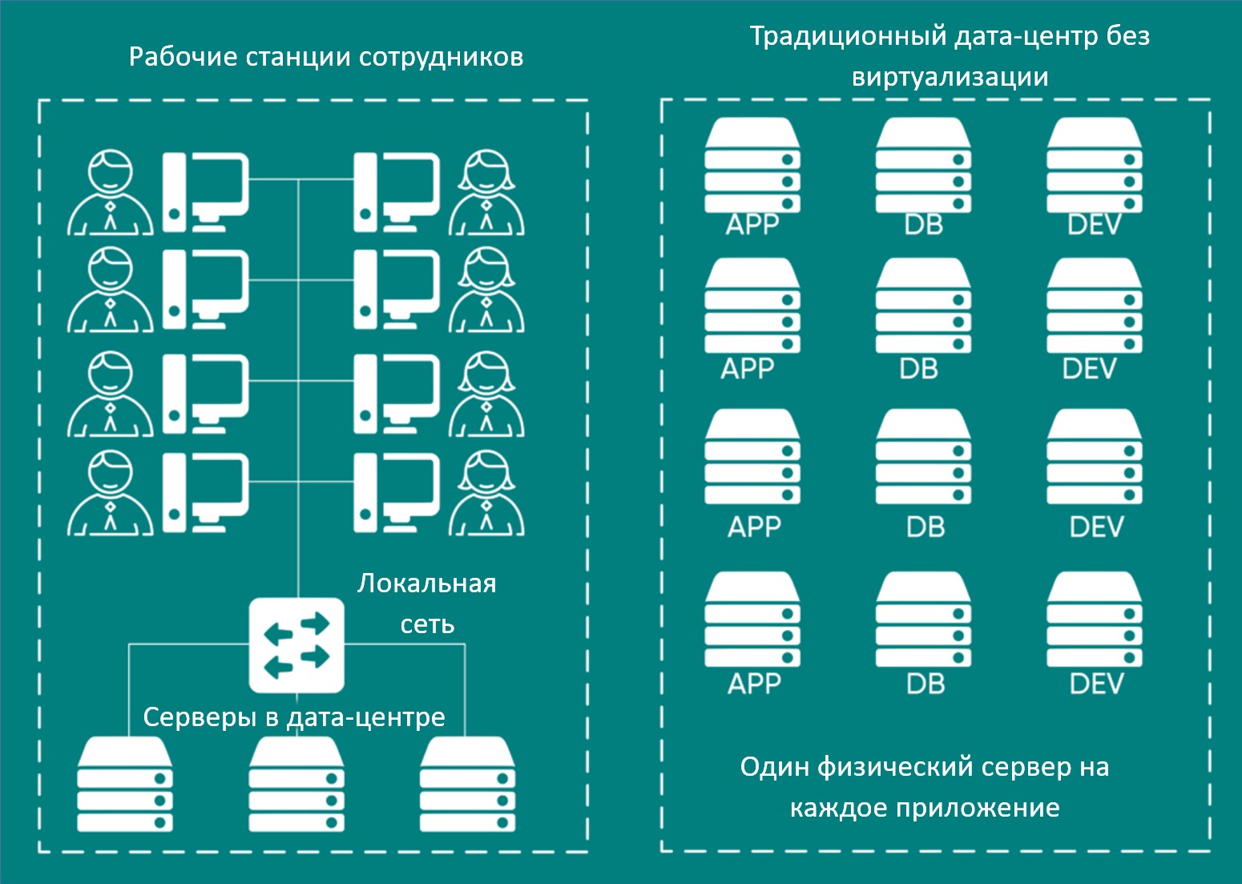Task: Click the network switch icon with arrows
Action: click(x=296, y=645)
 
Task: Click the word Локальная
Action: click(x=426, y=583)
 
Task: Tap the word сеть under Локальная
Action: click(x=427, y=624)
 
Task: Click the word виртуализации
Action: click(x=950, y=77)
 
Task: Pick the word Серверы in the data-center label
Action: click(x=200, y=716)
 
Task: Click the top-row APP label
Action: click(x=752, y=224)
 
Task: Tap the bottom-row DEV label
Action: click(x=1095, y=684)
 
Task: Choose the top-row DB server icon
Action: click(x=923, y=164)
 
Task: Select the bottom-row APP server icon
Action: click(x=752, y=620)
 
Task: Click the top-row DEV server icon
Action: click(x=1095, y=164)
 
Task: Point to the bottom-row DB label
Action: click(x=925, y=684)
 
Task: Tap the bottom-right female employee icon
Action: click(x=486, y=494)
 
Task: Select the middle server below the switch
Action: click(x=296, y=785)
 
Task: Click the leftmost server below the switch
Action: click(x=125, y=785)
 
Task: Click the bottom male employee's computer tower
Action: click(x=174, y=492)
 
